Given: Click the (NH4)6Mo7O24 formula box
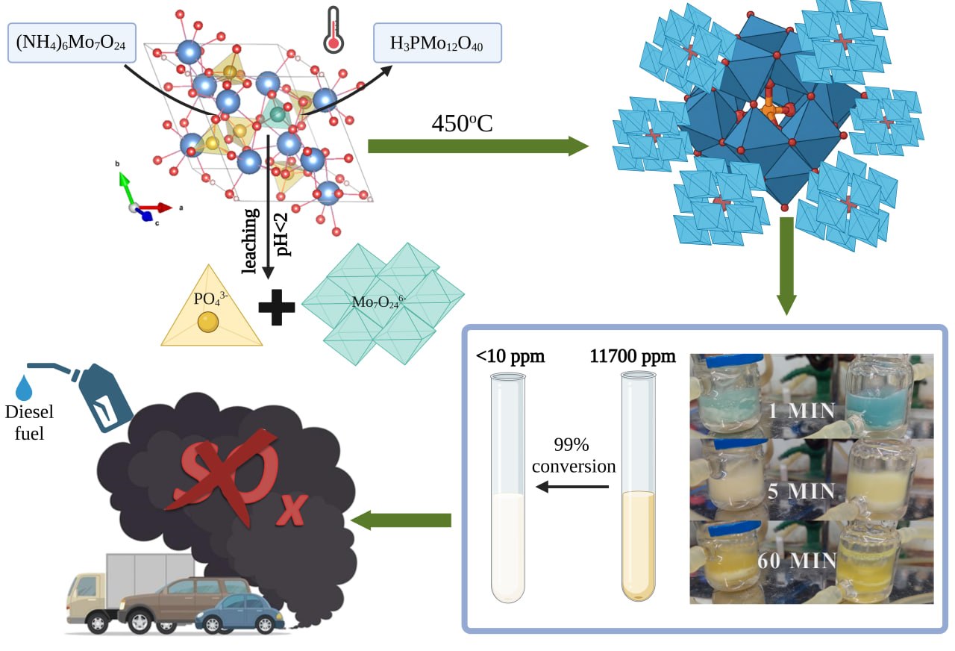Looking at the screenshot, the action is [72, 43].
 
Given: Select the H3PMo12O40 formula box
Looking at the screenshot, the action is [437, 43].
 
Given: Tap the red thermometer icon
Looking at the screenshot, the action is [334, 30].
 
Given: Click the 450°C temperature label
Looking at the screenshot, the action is [462, 124].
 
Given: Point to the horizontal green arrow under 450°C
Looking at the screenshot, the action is [478, 146].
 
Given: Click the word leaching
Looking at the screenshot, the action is [250, 241].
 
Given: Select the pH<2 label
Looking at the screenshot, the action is [282, 234].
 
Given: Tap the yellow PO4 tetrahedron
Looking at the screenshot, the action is [211, 305].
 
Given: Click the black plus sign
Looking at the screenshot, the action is [277, 307].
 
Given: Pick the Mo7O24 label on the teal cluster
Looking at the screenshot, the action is [378, 302].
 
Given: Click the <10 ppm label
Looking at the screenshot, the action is [510, 356].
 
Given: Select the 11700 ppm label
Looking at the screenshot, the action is [633, 356].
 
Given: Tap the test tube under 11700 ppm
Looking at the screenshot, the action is [638, 486].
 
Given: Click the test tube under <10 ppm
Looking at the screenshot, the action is [508, 488].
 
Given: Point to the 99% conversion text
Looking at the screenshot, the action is [574, 455].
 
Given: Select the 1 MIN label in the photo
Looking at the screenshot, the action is [802, 411].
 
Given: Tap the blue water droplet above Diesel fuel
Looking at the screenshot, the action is [24, 387].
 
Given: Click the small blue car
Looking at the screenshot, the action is [239, 614].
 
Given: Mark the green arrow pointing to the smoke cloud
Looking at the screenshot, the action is [401, 520].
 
